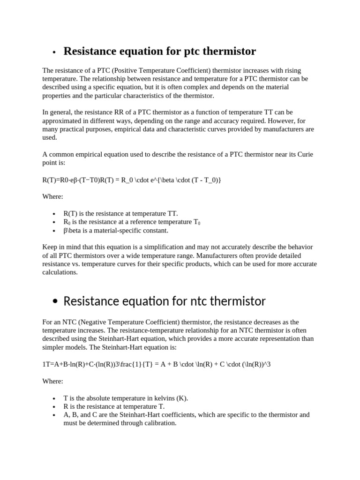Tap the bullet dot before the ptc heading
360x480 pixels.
54,52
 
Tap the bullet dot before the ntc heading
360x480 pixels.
55,302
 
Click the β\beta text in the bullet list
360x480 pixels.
73,230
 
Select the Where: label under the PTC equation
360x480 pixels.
52,196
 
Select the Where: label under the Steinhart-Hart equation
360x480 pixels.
52,381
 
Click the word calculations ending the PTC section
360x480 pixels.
60,272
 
